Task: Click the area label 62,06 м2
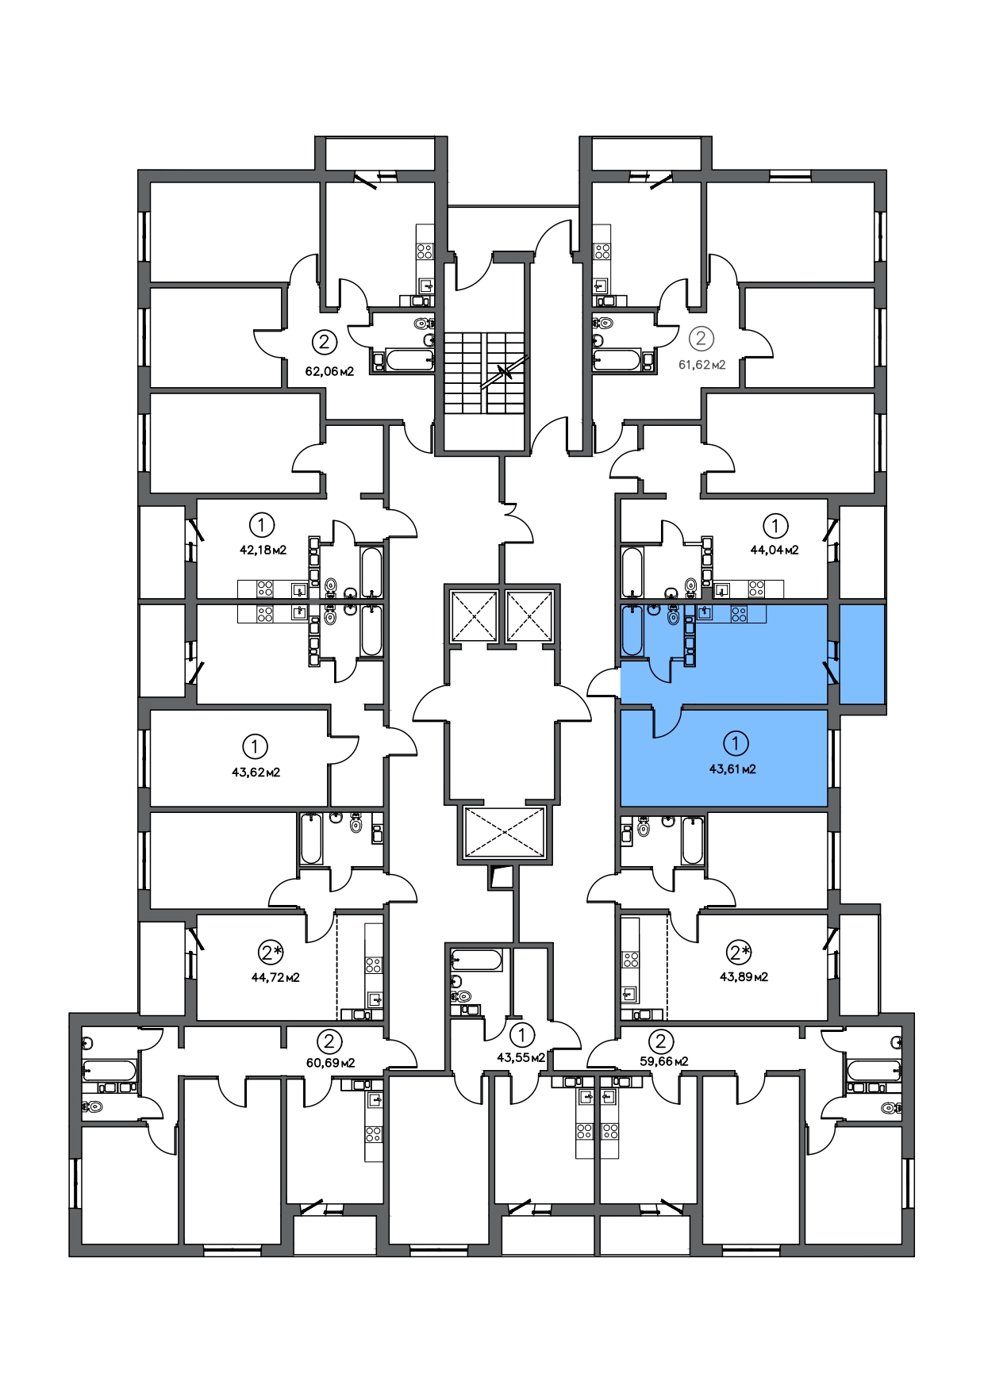click(329, 370)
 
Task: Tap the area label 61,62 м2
click(701, 365)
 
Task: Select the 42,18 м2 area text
click(263, 549)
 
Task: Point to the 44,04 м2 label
click(775, 549)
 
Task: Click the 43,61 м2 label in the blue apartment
click(732, 769)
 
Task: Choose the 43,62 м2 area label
click(256, 772)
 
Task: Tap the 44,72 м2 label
click(275, 977)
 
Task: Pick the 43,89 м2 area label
click(744, 976)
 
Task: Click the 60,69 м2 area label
click(330, 1062)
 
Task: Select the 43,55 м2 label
click(521, 1057)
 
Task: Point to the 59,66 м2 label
click(663, 1060)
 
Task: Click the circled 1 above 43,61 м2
click(736, 743)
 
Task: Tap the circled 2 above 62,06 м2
click(324, 343)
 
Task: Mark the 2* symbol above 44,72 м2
click(271, 951)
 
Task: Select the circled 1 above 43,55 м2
click(522, 1034)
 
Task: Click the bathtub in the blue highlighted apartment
click(632, 631)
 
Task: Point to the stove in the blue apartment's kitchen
click(739, 613)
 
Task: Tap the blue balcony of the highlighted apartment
click(862, 654)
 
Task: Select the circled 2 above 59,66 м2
click(661, 1040)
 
